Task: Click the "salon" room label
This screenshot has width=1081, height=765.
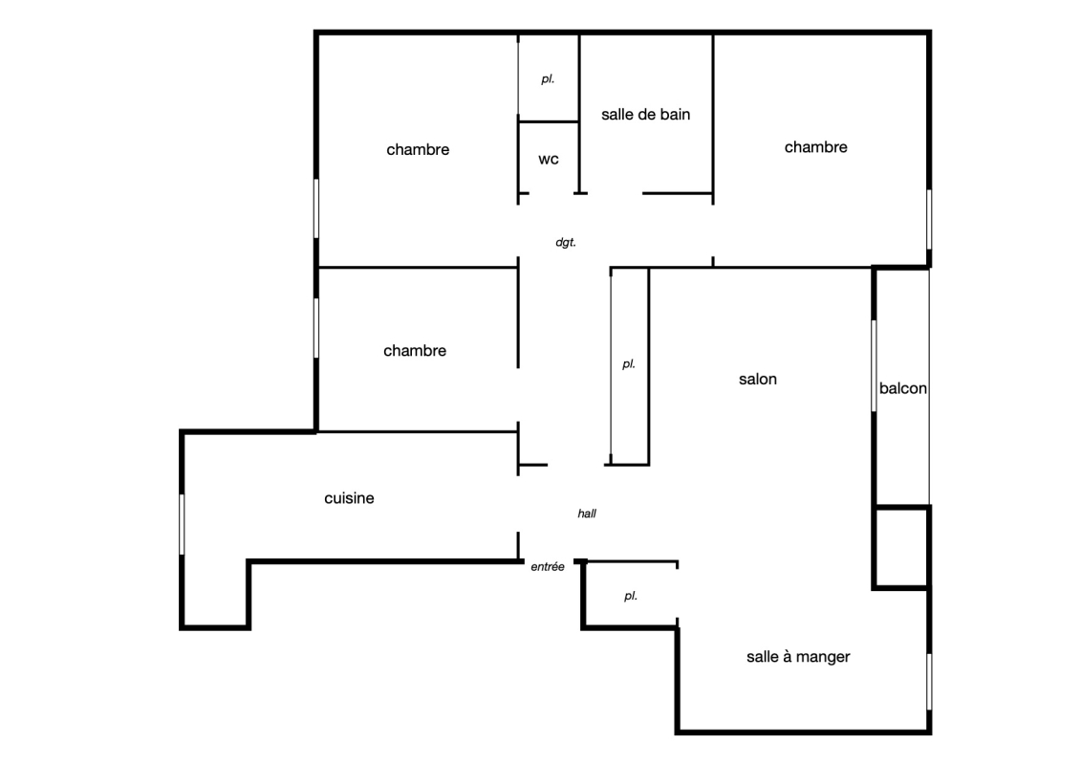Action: pos(758,380)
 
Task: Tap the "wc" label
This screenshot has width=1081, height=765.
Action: pos(548,160)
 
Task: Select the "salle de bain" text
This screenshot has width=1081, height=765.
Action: pos(645,115)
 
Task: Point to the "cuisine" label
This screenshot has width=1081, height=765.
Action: pos(349,498)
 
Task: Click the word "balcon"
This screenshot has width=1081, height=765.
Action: pos(902,388)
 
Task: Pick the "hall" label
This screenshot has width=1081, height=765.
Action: pos(587,514)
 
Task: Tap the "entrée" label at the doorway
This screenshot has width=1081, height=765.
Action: pos(548,566)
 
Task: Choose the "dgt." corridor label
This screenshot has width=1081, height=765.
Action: pos(565,242)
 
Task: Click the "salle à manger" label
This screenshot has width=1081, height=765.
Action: pos(798,657)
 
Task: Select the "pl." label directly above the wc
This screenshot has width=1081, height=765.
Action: pos(548,79)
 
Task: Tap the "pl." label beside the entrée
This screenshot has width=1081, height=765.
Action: pos(630,596)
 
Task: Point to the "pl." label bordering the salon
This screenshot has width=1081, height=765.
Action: pos(628,364)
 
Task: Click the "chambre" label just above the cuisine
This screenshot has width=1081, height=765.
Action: pos(415,350)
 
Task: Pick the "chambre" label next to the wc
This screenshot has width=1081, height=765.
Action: pos(418,150)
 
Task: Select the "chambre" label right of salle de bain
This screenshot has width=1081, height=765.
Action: pos(815,147)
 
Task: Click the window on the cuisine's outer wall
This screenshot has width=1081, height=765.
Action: pos(182,524)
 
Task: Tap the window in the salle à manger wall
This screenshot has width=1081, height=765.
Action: pos(929,682)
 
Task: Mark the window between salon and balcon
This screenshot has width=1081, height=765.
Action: pos(874,365)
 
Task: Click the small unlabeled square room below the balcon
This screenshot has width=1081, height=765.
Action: pos(901,548)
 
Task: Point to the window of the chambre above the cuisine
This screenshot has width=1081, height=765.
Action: pos(316,328)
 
